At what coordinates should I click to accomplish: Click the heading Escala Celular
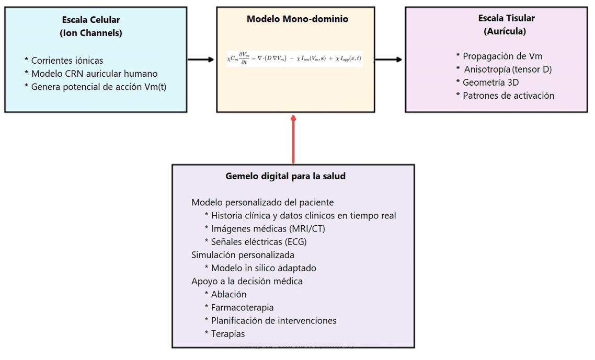pyautogui.click(x=91, y=20)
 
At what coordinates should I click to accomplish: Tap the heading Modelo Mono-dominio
pyautogui.click(x=297, y=19)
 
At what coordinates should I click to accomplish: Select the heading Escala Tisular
pyautogui.click(x=506, y=18)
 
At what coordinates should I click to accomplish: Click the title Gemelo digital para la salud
pyautogui.click(x=285, y=176)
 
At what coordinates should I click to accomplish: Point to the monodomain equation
pyautogui.click(x=294, y=58)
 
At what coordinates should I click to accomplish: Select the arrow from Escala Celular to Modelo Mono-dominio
pyautogui.click(x=201, y=60)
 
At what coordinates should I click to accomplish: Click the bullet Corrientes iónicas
pyautogui.click(x=67, y=60)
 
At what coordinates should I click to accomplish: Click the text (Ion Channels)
pyautogui.click(x=91, y=33)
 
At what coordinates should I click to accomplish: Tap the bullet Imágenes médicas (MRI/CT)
pyautogui.click(x=269, y=228)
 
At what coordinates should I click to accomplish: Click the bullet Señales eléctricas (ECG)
pyautogui.click(x=259, y=242)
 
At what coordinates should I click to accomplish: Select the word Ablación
pyautogui.click(x=228, y=294)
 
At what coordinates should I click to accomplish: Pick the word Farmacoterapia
pyautogui.click(x=242, y=307)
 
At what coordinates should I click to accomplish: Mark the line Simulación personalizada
pyautogui.click(x=243, y=255)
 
